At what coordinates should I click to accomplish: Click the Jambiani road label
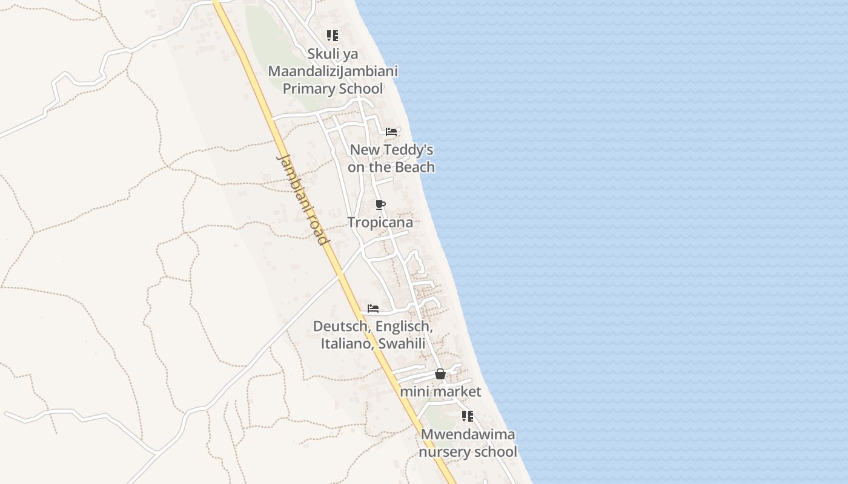coord(303,199)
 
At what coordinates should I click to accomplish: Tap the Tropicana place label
coord(380,223)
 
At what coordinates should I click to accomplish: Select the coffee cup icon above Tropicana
coord(380,205)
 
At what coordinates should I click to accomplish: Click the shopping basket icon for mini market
coord(440,374)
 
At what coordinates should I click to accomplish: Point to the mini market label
coord(440,392)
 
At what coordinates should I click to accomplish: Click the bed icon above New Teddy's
coord(391,131)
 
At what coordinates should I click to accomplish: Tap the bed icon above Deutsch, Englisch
coord(373,309)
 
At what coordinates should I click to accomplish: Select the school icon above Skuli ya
coord(333,36)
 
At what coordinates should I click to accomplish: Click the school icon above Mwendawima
coord(468,416)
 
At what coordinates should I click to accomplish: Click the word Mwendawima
coord(468,434)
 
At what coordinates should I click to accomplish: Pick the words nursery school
coord(468,452)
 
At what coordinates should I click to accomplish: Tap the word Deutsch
coord(341,327)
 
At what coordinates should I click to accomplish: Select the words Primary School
coord(333,89)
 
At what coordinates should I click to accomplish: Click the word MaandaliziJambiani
coord(333,71)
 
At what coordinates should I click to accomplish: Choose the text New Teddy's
coord(391,149)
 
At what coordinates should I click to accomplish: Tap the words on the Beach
coord(391,167)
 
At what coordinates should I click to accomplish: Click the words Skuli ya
coord(333,54)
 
